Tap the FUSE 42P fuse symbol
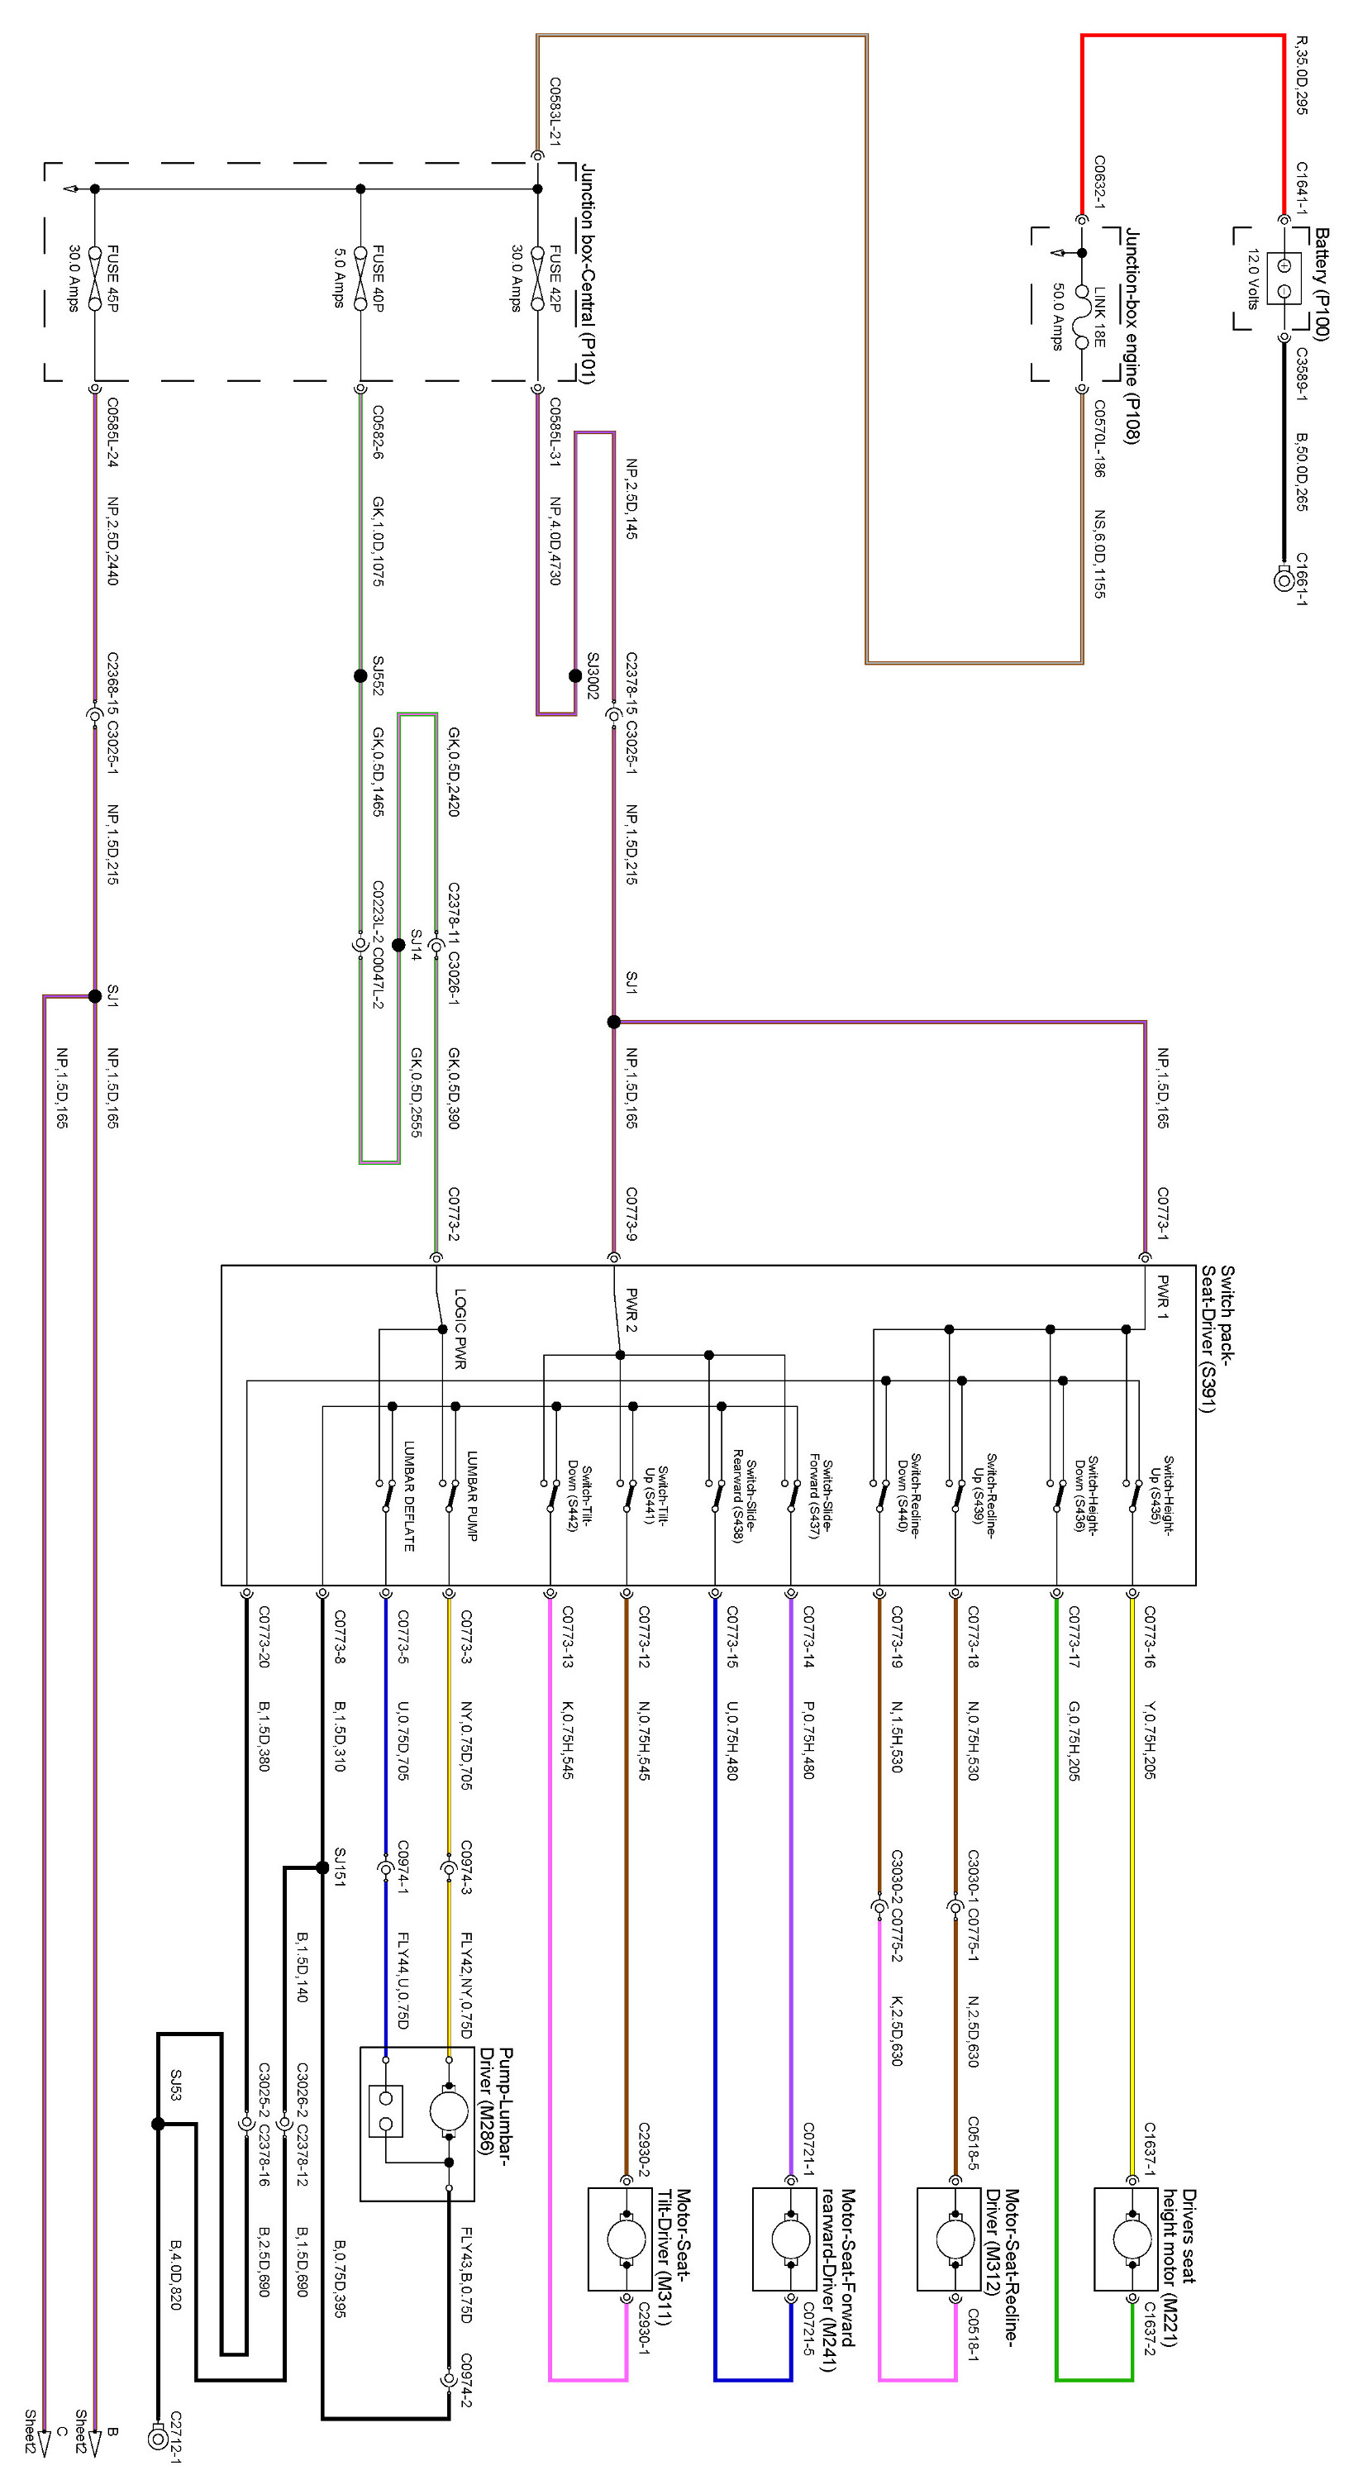tap(537, 279)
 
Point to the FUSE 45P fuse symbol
tap(94, 279)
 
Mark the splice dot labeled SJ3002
tap(575, 676)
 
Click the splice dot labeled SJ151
tap(322, 1867)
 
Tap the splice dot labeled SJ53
tap(158, 2123)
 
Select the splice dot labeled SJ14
tap(398, 946)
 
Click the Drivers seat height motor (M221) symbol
tap(1125, 2239)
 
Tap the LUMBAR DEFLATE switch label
tap(409, 1496)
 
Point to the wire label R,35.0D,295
tap(1301, 76)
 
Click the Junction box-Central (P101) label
tap(587, 274)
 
